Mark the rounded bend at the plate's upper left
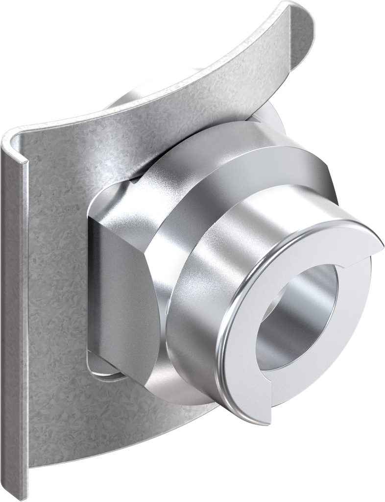click(x=12, y=140)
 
